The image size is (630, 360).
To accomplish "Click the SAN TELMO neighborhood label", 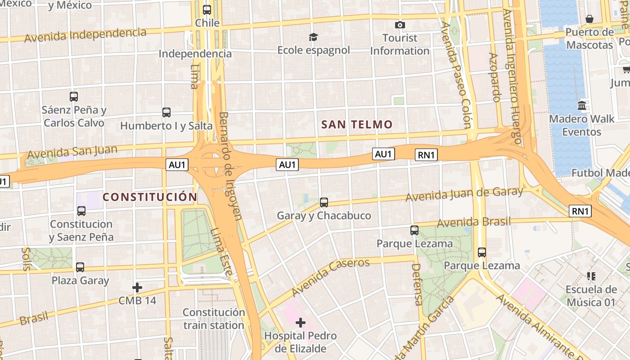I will pos(357,125).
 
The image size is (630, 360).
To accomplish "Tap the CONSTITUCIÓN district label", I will pos(150,197).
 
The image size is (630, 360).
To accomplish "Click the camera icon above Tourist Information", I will pos(400,25).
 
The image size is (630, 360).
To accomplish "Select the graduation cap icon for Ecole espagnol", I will pos(313,37).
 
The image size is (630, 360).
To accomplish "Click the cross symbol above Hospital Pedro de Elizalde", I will pos(300,322).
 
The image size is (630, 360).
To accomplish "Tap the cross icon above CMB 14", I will pos(137,287).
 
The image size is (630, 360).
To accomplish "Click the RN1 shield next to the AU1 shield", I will pos(426,155).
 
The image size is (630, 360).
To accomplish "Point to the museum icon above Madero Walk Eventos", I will pos(581,106).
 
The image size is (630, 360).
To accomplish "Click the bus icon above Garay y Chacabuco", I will pos(324,202).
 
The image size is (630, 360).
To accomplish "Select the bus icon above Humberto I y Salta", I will pos(166,112).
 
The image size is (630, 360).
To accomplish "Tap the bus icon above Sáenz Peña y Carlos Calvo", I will pos(74,96).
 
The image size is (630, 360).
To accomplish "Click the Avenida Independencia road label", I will pos(85,35).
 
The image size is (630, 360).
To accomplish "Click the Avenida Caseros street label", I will pos(330,276).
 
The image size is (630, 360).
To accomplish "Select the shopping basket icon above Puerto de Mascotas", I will pos(589,19).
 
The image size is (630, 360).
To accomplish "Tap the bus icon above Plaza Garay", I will pos(80,267).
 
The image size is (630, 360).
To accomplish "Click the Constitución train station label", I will pos(214,319).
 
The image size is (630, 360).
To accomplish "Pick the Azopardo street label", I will pos(494,77).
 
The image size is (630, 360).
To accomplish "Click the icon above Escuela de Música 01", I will pos(591,276).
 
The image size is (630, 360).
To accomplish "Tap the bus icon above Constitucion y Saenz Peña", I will pos(81,211).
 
